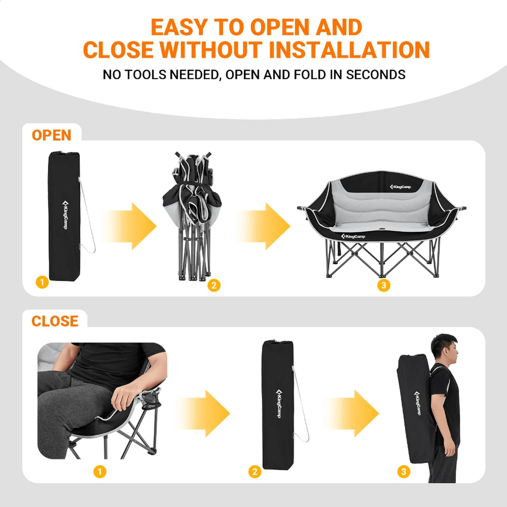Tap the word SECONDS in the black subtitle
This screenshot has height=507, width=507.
tap(376, 75)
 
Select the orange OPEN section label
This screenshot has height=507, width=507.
tap(52, 135)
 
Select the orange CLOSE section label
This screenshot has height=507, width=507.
tap(55, 321)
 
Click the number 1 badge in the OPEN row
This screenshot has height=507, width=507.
tap(42, 282)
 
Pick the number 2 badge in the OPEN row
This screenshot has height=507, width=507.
tap(214, 285)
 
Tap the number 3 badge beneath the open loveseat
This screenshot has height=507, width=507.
tap(384, 285)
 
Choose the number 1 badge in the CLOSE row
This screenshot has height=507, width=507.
tap(100, 472)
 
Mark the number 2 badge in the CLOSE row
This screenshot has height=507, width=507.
tap(255, 472)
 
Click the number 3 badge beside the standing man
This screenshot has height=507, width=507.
tap(404, 472)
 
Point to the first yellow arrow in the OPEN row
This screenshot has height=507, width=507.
tap(130, 226)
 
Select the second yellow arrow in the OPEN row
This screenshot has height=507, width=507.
tap(263, 226)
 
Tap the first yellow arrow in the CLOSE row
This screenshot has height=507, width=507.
tap(203, 413)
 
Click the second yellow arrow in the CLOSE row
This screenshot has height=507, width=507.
tap(352, 413)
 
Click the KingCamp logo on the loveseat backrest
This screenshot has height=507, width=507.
tap(400, 187)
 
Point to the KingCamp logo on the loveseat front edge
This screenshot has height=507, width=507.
tap(353, 236)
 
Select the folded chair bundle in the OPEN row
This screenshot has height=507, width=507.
tap(192, 216)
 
